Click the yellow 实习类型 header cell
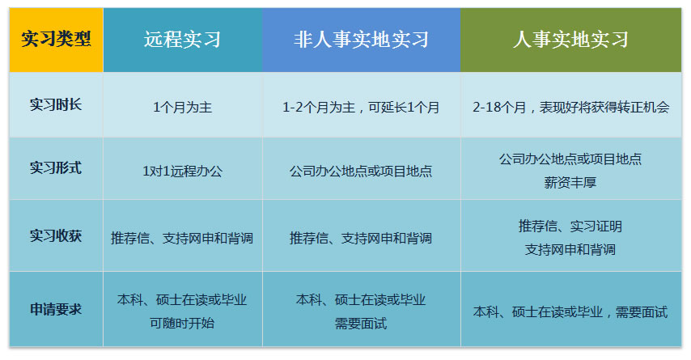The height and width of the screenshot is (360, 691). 56,40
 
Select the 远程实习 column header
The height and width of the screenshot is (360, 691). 182,40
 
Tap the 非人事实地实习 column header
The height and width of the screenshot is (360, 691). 362,40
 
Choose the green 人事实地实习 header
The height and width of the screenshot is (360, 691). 570,40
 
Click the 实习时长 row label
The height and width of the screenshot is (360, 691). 56,105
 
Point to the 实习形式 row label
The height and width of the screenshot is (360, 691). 56,168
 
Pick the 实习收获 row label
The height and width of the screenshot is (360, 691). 56,235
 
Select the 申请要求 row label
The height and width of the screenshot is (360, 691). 56,309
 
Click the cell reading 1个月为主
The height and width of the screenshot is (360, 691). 182,107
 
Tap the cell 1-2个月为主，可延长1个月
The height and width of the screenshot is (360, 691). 361,107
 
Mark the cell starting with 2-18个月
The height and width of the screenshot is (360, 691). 570,107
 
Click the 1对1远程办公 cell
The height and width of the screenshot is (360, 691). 182,171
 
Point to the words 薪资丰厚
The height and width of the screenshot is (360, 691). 570,182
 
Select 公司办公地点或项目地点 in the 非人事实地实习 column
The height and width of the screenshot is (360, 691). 361,171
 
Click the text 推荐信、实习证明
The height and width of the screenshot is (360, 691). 570,227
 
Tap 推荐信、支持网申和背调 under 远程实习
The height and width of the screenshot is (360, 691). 182,239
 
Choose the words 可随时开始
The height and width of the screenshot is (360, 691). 182,324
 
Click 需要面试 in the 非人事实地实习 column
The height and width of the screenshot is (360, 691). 361,324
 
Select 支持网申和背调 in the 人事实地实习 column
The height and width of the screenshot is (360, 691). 570,250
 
